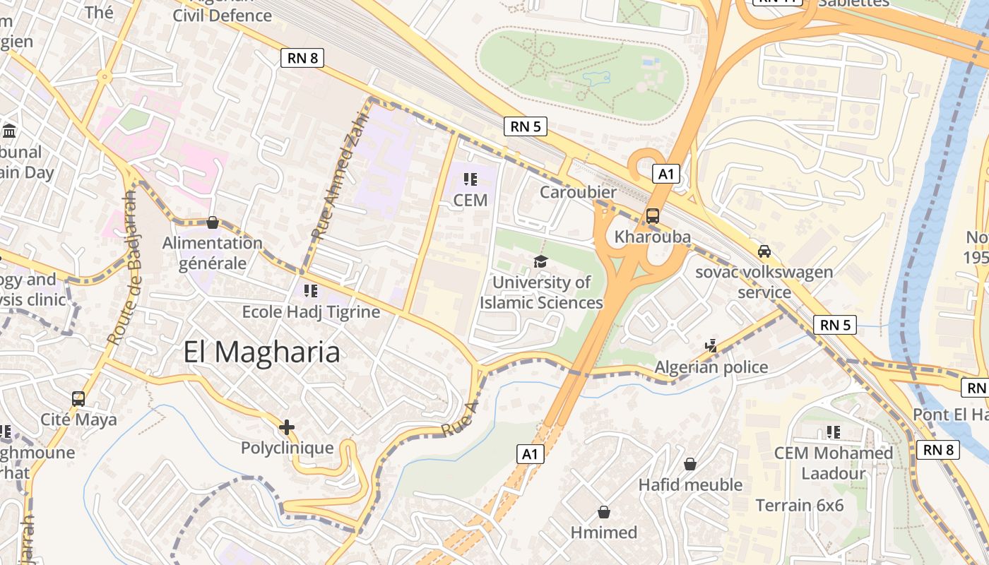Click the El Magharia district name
tap(261, 352)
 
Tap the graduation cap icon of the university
tap(540, 262)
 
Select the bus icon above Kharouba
tap(652, 216)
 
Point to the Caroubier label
tap(578, 192)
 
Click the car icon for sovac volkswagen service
tap(764, 251)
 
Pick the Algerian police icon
tap(711, 346)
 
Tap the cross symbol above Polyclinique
tap(287, 427)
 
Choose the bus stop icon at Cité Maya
tap(78, 398)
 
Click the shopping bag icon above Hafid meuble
tap(690, 464)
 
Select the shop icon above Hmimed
tap(604, 511)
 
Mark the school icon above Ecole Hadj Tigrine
tap(311, 291)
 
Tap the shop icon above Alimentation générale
tap(212, 223)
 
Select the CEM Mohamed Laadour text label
tap(834, 463)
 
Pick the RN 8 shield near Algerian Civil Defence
tap(302, 58)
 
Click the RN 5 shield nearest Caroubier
tap(526, 127)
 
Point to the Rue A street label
tap(460, 419)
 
